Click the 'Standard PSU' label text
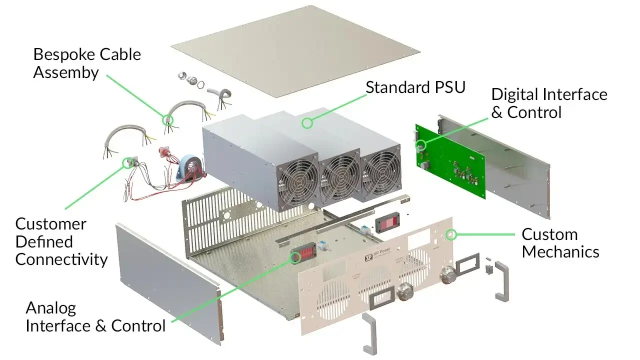[415, 87]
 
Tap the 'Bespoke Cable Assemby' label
[87, 63]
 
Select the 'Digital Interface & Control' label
[549, 103]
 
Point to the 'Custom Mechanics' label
[560, 243]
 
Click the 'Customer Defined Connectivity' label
[61, 241]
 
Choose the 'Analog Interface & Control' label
[95, 317]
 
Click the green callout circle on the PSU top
[307, 122]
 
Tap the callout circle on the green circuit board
[420, 145]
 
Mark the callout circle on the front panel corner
[451, 234]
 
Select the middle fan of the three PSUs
[341, 176]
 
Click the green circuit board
[450, 160]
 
